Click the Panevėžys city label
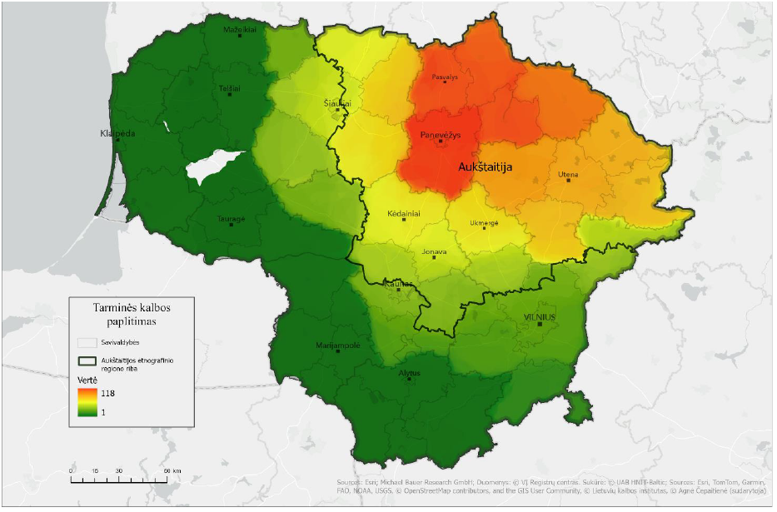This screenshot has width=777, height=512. [441, 134]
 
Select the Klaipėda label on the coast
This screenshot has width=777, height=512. [117, 133]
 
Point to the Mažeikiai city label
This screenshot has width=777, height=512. [240, 29]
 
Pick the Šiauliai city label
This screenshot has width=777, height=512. [337, 103]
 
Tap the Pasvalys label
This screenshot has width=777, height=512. [445, 77]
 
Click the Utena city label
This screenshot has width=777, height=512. [568, 174]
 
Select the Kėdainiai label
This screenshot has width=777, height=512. [404, 213]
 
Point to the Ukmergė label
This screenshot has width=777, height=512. [484, 222]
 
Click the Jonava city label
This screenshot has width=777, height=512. [434, 251]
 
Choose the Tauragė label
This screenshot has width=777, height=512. [232, 219]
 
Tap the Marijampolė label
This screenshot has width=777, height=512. [338, 345]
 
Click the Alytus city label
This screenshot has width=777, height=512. [409, 373]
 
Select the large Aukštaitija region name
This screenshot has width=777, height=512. [486, 167]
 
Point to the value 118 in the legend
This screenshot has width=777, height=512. [108, 393]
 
